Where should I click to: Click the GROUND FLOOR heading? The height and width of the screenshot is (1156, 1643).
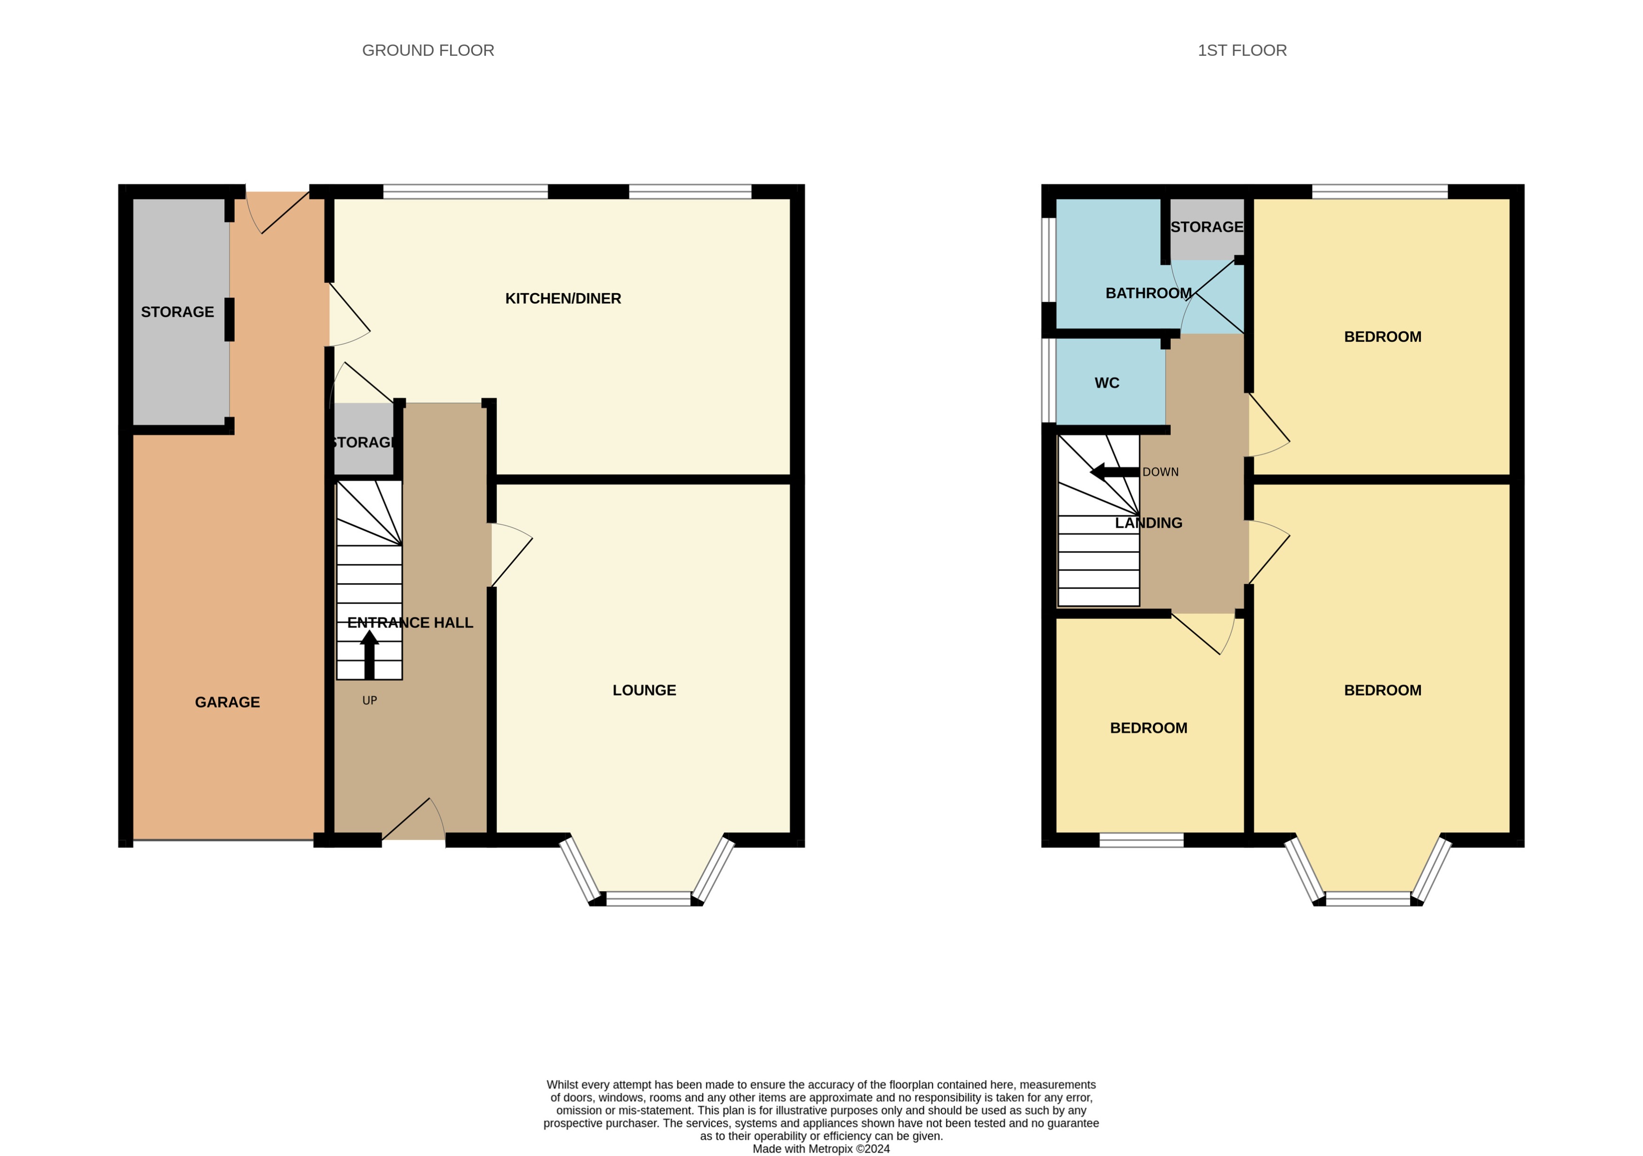[x=428, y=51]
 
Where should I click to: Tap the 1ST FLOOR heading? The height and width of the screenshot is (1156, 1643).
[x=1242, y=51]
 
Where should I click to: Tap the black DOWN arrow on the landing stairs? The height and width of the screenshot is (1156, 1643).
[x=1113, y=472]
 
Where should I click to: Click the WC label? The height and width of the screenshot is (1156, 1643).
[x=1106, y=383]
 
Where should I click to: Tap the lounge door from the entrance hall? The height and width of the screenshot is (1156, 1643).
[x=511, y=555]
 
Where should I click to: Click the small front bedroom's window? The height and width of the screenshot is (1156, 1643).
[x=1141, y=840]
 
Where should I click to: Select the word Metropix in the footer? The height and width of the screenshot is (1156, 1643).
[x=831, y=1149]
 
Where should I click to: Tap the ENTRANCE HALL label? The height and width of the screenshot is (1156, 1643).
[x=410, y=623]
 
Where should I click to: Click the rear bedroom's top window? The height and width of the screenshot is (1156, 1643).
[x=1379, y=191]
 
